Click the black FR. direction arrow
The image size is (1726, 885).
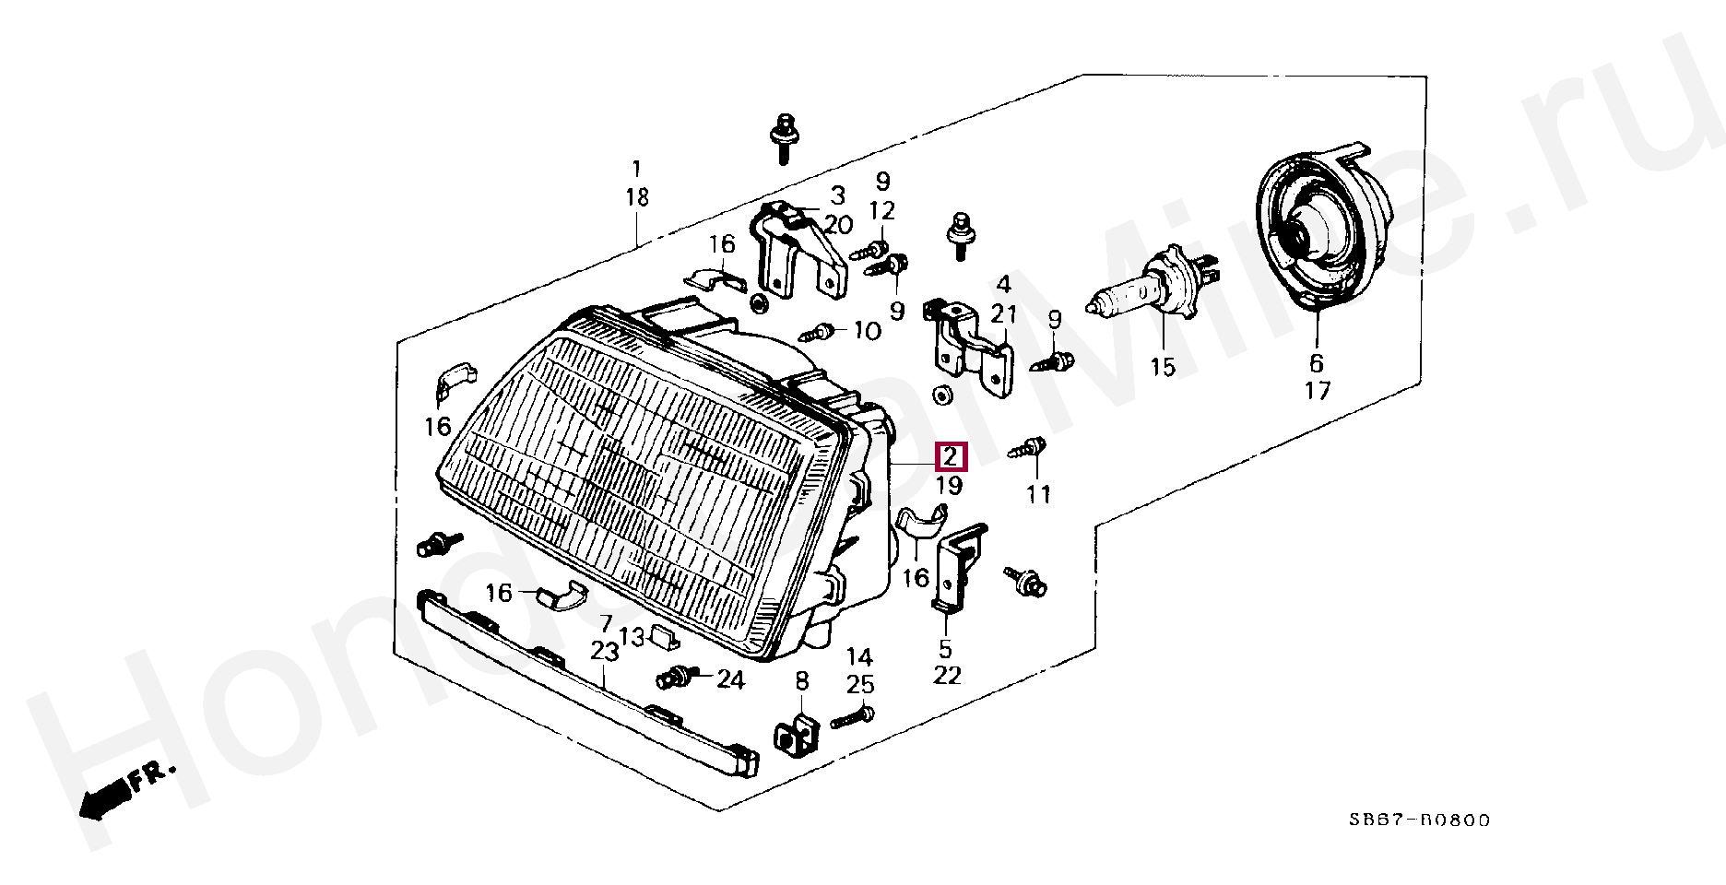pyautogui.click(x=104, y=794)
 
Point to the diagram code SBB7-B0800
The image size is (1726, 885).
pyautogui.click(x=1419, y=820)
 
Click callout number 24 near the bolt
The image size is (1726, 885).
pyautogui.click(x=729, y=680)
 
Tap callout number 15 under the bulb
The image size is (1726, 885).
pyautogui.click(x=1163, y=368)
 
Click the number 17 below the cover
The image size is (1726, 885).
pyautogui.click(x=1318, y=391)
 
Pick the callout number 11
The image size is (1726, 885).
pyautogui.click(x=1038, y=495)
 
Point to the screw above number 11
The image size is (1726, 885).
pyautogui.click(x=1029, y=449)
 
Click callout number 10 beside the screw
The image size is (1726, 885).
pyautogui.click(x=867, y=330)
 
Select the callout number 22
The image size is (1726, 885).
pyautogui.click(x=946, y=676)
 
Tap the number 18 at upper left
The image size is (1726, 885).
pyautogui.click(x=636, y=197)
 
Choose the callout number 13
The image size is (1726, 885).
pyautogui.click(x=631, y=636)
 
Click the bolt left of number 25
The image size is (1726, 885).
pyautogui.click(x=852, y=717)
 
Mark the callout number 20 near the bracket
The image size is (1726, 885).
pyautogui.click(x=838, y=225)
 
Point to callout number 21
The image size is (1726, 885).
pyautogui.click(x=1004, y=314)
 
